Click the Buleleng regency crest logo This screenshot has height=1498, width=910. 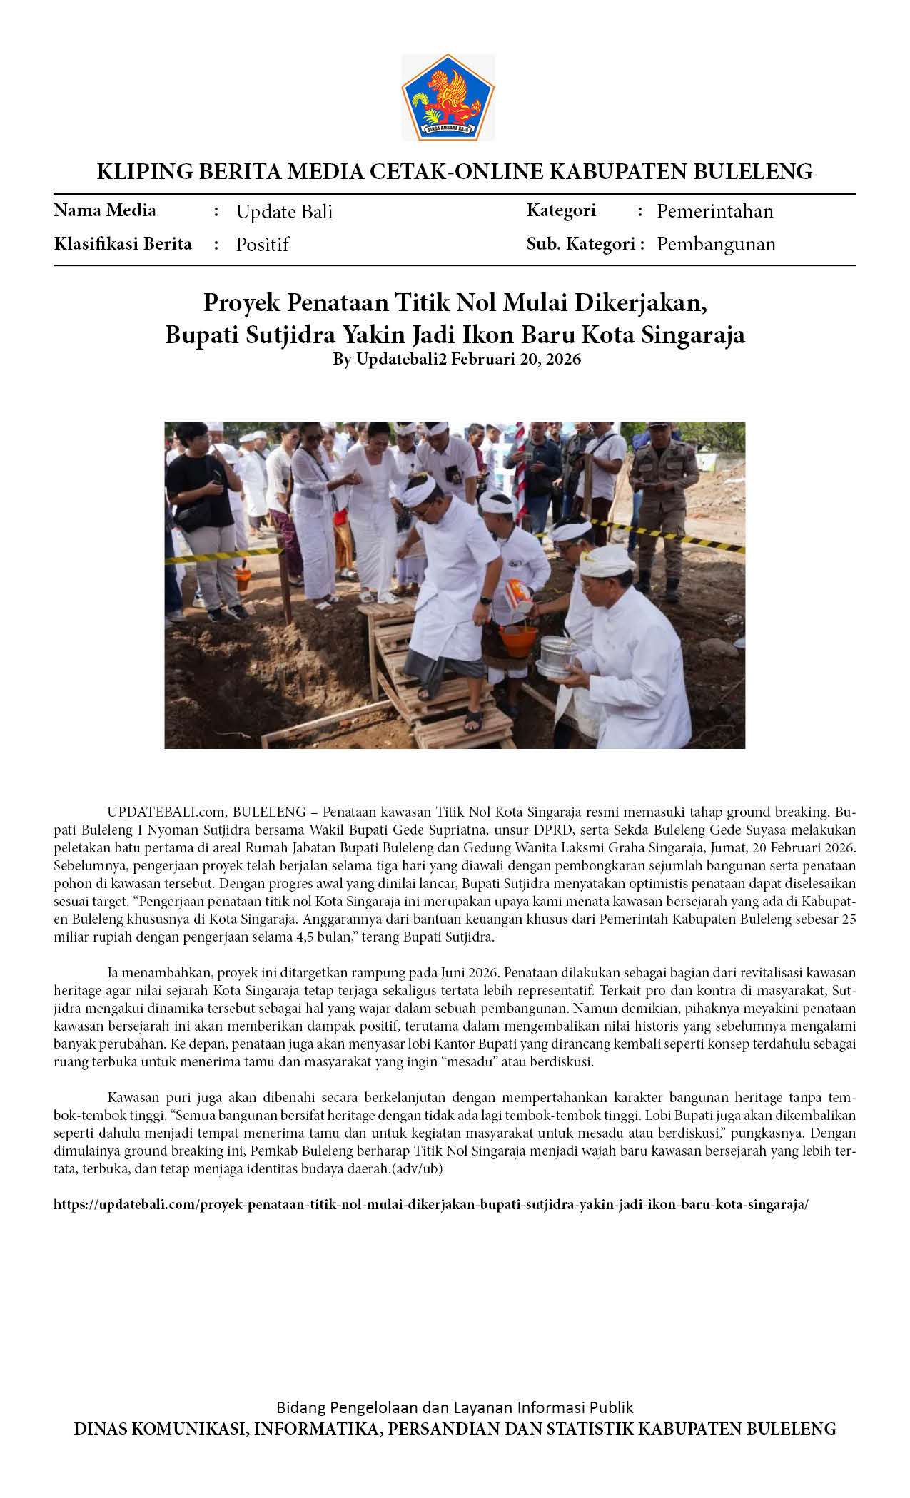(448, 98)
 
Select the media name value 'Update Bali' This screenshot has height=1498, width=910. (284, 212)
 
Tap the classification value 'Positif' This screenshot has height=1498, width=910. (262, 245)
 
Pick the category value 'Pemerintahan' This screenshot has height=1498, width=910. (714, 211)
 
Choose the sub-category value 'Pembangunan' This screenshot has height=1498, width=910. (716, 244)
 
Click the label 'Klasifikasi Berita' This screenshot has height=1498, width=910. (123, 244)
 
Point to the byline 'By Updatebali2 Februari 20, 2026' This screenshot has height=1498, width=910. (456, 359)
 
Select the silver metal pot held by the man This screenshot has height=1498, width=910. (558, 656)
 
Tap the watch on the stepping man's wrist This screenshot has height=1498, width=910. (485, 600)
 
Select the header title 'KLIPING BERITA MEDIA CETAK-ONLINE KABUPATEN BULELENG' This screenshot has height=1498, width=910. (455, 171)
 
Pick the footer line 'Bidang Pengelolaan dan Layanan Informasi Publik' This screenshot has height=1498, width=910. (455, 1407)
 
